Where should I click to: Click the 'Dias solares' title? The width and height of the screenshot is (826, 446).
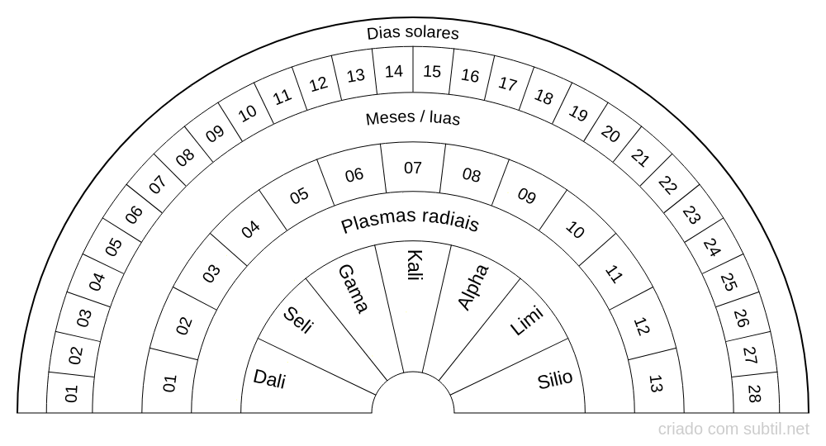tap(413, 33)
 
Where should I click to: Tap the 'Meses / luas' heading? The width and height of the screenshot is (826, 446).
tap(413, 118)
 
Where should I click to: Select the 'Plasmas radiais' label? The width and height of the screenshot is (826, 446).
tap(410, 223)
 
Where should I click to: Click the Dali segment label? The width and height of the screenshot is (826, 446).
tap(270, 378)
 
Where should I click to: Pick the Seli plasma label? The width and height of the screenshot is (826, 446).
tap(298, 320)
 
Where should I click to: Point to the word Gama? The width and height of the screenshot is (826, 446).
tap(353, 288)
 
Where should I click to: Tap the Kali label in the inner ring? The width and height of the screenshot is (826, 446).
tap(414, 266)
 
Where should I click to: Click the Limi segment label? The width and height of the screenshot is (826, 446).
tap(526, 320)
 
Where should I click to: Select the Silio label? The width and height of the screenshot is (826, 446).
tap(555, 380)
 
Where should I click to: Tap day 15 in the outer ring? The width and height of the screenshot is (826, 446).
tap(432, 71)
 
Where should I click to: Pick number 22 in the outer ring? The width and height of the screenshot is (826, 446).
tap(667, 185)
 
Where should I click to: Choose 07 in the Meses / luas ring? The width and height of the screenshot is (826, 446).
tap(413, 168)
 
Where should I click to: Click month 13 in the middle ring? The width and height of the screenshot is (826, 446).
tap(655, 384)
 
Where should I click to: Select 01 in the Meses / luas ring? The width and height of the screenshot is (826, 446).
tap(170, 383)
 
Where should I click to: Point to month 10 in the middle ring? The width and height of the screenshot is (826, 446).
tap(574, 230)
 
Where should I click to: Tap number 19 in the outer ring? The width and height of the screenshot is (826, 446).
tap(577, 113)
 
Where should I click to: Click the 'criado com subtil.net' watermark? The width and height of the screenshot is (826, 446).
tap(733, 429)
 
